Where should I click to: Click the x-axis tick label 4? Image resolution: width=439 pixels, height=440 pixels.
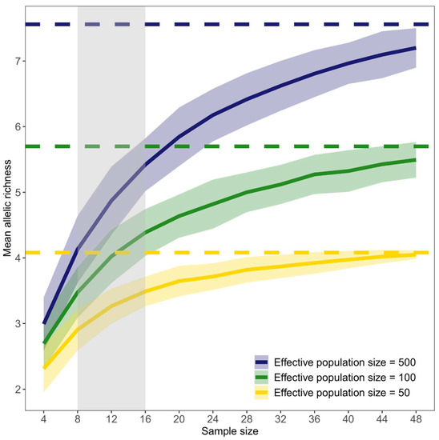tap(44, 417)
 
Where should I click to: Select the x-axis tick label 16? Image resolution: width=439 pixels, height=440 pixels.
tap(145, 417)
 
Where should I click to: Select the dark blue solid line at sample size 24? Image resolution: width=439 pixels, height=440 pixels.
tap(212, 115)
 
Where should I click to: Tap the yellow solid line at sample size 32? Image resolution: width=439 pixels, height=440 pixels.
tap(280, 266)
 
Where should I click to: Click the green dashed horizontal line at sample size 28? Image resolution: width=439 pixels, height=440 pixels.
tap(245, 146)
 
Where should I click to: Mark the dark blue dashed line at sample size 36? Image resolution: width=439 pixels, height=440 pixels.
tap(313, 25)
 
